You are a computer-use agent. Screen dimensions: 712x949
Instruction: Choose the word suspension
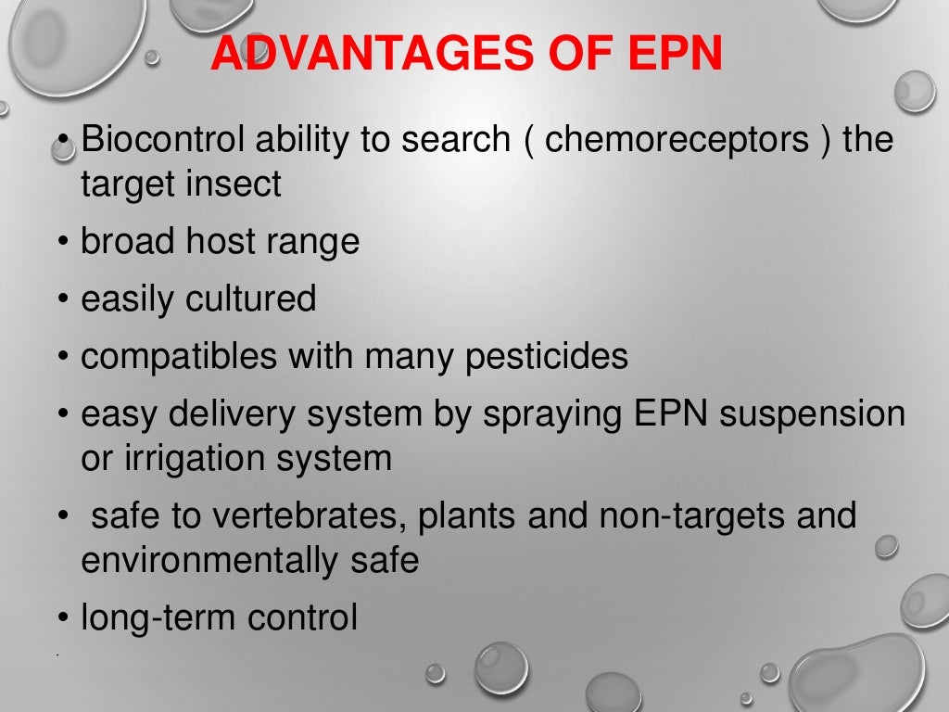click(x=813, y=414)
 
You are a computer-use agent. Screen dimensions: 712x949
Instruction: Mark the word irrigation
click(x=191, y=458)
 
